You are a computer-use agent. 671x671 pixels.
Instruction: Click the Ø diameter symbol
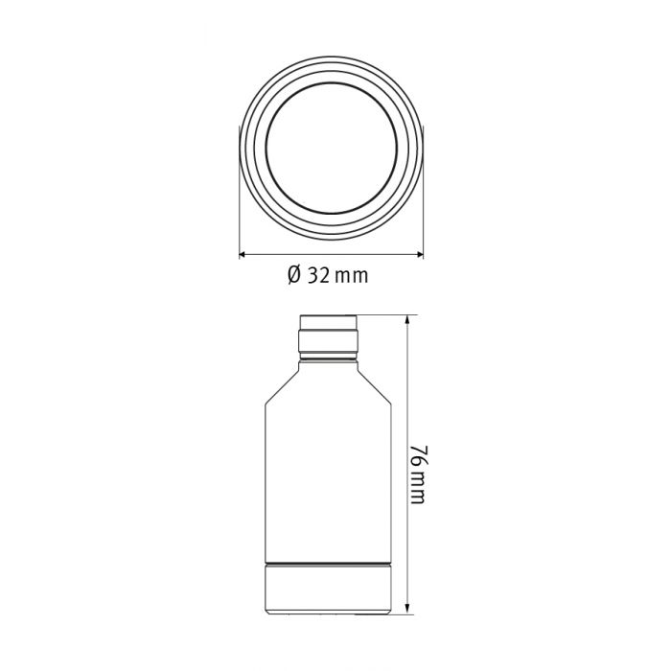[x=294, y=275]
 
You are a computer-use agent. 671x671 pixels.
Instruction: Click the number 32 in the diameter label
[x=320, y=275]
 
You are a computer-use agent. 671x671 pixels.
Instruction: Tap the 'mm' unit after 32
[x=352, y=276]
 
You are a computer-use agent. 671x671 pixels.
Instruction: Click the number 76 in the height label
[x=419, y=454]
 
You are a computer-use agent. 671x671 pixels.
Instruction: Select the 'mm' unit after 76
[x=419, y=490]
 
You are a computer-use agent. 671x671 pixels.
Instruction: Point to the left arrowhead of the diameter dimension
[x=243, y=254]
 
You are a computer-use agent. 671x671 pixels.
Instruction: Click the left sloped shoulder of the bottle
[x=280, y=383]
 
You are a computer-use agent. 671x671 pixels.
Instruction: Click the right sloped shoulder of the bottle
[x=381, y=383]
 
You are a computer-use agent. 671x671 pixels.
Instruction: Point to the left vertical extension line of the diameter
[x=238, y=192]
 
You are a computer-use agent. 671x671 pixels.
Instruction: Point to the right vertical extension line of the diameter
[x=423, y=192]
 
